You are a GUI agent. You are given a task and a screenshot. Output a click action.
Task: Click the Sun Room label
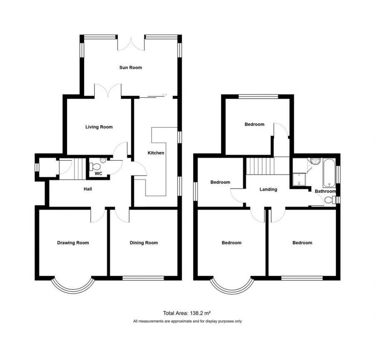click(x=130, y=67)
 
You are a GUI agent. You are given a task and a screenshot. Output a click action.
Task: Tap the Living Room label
click(x=99, y=127)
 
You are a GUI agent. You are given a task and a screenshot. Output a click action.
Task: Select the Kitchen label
click(x=156, y=153)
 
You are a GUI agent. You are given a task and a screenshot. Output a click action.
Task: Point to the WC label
click(x=98, y=174)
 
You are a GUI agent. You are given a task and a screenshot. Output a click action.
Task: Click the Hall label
click(x=88, y=189)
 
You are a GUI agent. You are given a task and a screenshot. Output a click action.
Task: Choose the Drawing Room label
click(x=73, y=243)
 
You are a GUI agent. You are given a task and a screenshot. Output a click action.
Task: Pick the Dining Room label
click(x=144, y=243)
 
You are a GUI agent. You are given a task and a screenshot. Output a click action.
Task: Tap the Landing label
click(x=268, y=189)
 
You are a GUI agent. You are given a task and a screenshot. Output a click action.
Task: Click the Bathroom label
click(x=325, y=191)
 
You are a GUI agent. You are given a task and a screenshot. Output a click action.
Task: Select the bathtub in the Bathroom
click(x=329, y=173)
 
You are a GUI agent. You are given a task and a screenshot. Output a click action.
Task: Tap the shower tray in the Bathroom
click(x=299, y=179)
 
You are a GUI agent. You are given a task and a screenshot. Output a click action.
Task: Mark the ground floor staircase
click(x=78, y=169)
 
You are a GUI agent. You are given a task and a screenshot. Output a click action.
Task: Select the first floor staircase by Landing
click(x=260, y=166)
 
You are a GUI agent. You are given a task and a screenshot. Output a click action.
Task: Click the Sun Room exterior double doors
click(x=131, y=44)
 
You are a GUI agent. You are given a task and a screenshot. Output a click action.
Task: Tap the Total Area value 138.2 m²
click(x=200, y=313)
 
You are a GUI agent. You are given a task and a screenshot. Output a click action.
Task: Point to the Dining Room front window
click(x=143, y=278)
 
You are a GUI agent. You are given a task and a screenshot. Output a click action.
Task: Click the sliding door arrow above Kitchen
click(x=164, y=95)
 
